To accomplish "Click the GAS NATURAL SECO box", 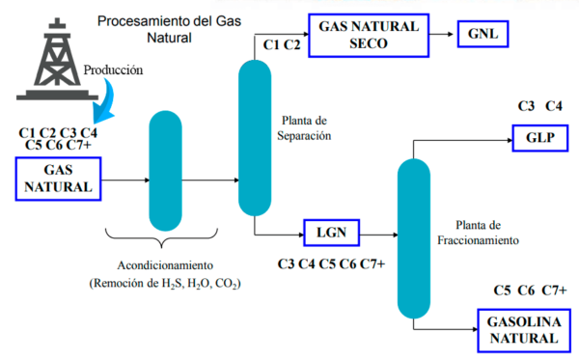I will [368, 36].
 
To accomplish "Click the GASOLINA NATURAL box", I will [522, 328].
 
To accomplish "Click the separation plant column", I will [257, 137].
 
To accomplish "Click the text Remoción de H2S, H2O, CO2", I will [164, 284].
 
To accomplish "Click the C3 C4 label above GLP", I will [540, 105].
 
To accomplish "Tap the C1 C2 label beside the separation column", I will [281, 44].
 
